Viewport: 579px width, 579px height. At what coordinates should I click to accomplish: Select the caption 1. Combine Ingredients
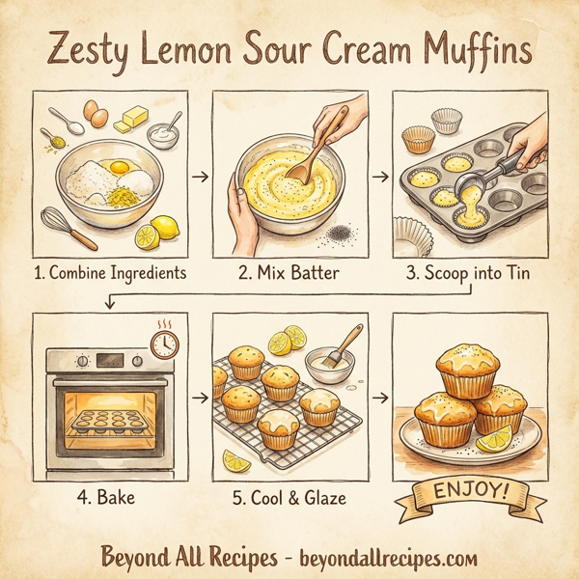(x=108, y=273)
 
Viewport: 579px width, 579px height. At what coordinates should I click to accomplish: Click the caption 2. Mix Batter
(x=289, y=273)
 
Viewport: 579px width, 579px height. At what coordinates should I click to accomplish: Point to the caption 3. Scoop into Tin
(x=469, y=273)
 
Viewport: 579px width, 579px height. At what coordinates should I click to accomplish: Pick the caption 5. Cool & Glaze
(x=289, y=499)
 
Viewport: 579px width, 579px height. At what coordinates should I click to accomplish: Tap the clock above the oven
(x=165, y=344)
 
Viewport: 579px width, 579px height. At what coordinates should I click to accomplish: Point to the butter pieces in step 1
(x=129, y=121)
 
